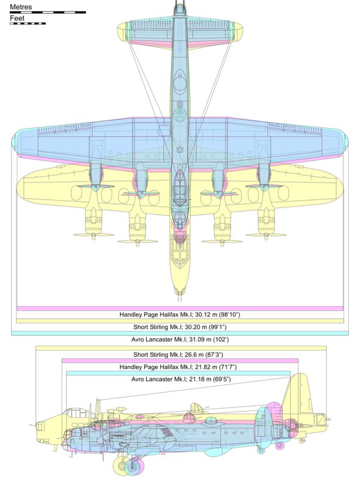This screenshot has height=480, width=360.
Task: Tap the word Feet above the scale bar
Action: pyautogui.click(x=17, y=18)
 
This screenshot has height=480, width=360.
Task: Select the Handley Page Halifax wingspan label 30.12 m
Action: pyautogui.click(x=180, y=314)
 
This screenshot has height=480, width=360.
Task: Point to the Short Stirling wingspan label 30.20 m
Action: pyautogui.click(x=180, y=327)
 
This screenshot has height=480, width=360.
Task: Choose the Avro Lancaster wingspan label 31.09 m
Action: pyautogui.click(x=180, y=340)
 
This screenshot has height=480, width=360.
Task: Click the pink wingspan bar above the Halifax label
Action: pyautogui.click(x=180, y=308)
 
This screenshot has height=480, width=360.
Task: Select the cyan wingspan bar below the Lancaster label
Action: pyautogui.click(x=180, y=334)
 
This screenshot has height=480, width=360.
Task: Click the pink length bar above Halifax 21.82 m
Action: pyautogui.click(x=180, y=360)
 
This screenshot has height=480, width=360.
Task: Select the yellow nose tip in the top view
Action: pyautogui.click(x=180, y=291)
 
